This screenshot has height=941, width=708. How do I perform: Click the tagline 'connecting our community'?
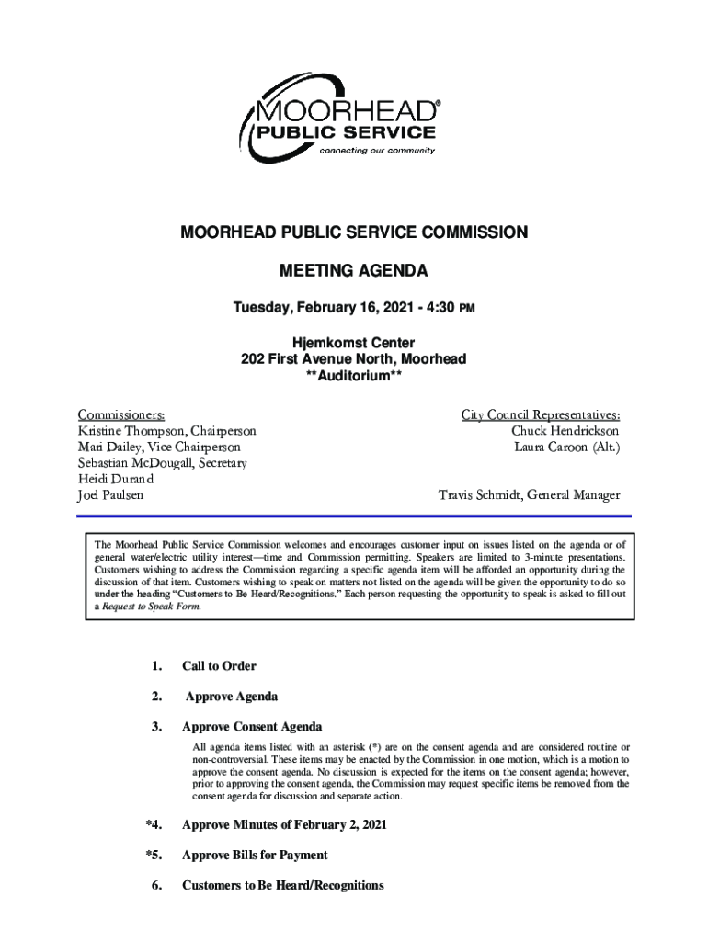pos(377,151)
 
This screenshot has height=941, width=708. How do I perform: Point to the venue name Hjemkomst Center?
pos(353,343)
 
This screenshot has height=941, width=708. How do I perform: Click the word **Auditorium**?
pos(353,375)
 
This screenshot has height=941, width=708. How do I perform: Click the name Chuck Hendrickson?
pos(565,431)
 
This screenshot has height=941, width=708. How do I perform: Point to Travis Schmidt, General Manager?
pos(529,495)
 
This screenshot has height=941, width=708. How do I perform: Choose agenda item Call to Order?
pos(219,666)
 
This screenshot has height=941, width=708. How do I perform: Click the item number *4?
pos(154,825)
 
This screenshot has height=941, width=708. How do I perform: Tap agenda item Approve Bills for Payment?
pos(255,856)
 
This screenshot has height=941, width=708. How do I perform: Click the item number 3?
pos(157,727)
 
